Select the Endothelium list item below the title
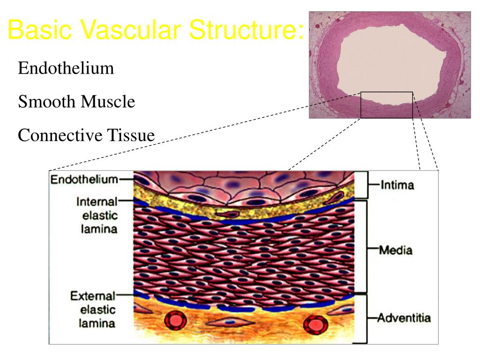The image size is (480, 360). coord(66,68)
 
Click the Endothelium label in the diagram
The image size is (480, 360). coord(84,180)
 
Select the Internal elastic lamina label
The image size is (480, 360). coord(97,216)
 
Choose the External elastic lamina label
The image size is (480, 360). coord(93,309)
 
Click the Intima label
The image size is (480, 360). coord(397,185)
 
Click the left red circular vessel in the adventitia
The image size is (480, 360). coord(176,321)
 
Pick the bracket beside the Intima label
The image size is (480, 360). coord(364,185)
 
